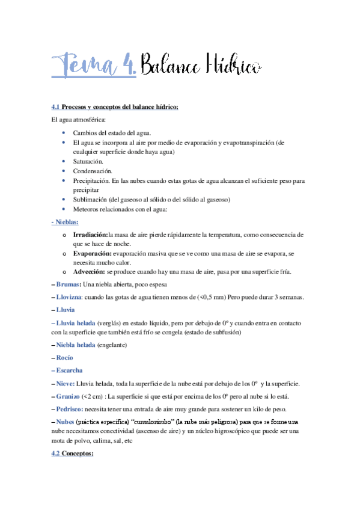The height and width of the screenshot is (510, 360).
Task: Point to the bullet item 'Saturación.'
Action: point(88,162)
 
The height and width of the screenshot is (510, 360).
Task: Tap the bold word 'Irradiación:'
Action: point(90,234)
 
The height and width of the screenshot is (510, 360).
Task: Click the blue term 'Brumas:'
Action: point(68,284)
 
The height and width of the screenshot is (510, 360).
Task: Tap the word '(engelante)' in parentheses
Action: point(117,344)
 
